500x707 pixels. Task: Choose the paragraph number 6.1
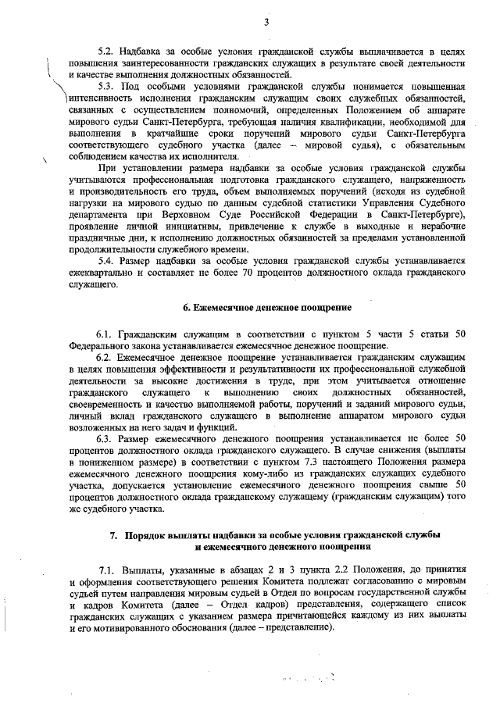click(107, 334)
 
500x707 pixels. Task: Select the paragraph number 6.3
click(107, 439)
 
